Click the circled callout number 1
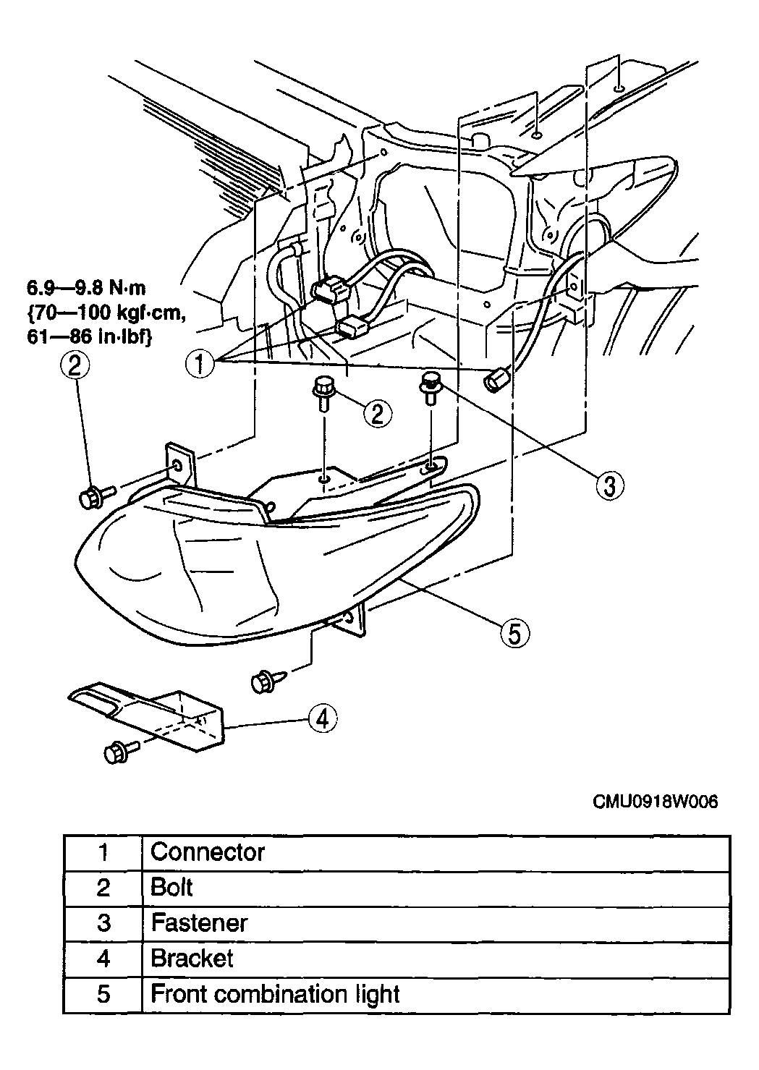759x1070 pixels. [x=200, y=364]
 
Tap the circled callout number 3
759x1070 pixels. [x=609, y=485]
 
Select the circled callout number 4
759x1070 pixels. [x=323, y=718]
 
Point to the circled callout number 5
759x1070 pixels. [x=514, y=634]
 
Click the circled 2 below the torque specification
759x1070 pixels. [x=75, y=366]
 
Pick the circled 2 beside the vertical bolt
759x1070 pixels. [x=378, y=414]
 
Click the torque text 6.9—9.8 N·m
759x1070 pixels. [x=86, y=288]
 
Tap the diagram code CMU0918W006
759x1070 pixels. [x=656, y=802]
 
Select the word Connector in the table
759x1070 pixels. [x=208, y=852]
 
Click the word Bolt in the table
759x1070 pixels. [x=171, y=888]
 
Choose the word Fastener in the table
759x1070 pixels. [x=199, y=923]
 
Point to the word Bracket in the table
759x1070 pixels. [x=192, y=958]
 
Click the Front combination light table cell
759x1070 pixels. [x=436, y=995]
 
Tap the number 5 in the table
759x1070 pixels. [x=103, y=994]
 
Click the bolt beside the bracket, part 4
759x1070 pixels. [x=121, y=752]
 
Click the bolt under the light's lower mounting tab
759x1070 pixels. [x=268, y=680]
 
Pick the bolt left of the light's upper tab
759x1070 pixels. [x=97, y=497]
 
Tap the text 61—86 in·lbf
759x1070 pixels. [x=89, y=337]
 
